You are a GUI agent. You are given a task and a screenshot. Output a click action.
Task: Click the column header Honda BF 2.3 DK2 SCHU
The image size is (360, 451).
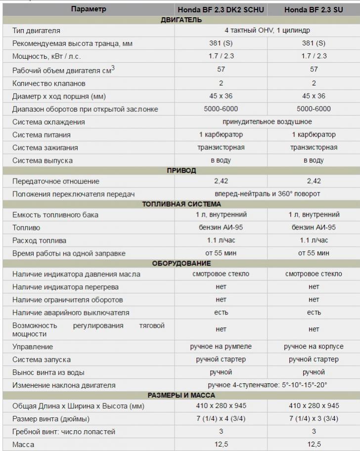pyautogui.click(x=221, y=9)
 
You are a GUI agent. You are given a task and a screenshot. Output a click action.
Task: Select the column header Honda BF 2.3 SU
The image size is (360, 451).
pyautogui.click(x=314, y=9)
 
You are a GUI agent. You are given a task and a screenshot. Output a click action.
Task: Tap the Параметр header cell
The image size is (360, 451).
pyautogui.click(x=89, y=9)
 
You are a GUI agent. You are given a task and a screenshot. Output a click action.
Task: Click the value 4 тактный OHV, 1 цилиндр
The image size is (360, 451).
pyautogui.click(x=268, y=31)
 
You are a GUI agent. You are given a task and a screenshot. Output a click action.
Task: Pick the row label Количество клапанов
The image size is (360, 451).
pyautogui.click(x=49, y=83)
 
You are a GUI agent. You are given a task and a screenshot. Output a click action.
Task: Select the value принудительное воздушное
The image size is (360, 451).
pyautogui.click(x=268, y=122)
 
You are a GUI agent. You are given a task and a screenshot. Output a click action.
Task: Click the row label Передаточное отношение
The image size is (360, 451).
pyautogui.click(x=56, y=181)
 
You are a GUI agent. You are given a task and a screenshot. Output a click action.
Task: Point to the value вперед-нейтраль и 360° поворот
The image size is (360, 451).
pyautogui.click(x=268, y=194)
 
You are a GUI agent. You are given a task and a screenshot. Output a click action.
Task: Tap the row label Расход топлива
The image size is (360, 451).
pyautogui.click(x=40, y=240)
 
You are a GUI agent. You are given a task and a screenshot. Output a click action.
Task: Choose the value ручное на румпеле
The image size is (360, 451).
pyautogui.click(x=221, y=346)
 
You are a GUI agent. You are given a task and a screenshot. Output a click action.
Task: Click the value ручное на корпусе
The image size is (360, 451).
pyautogui.click(x=314, y=346)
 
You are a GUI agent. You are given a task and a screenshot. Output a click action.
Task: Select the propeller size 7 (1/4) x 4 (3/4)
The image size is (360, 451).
pyautogui.click(x=221, y=418)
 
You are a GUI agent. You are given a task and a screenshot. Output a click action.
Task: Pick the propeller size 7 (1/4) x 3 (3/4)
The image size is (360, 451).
pyautogui.click(x=314, y=418)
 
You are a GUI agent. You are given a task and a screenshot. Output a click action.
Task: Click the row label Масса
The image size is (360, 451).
pyautogui.click(x=23, y=444)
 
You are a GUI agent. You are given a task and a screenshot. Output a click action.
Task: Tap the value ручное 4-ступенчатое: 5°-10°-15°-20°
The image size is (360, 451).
pyautogui.click(x=268, y=385)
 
